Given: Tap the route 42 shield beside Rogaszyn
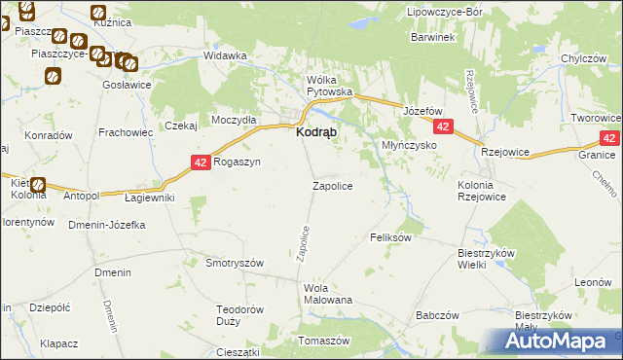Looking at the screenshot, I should [201, 163].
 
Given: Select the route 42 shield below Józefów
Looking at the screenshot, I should [443, 127].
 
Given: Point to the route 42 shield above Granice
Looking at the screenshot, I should [609, 139].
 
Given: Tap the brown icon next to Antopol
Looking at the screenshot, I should [38, 185].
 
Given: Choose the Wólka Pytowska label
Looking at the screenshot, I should [328, 86].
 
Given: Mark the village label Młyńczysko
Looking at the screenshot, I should [407, 145].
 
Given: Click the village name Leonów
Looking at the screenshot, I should [592, 282].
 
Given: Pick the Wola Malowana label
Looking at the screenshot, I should [327, 294].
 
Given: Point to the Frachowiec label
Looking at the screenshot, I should [123, 131].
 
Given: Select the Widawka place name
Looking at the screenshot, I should [225, 55].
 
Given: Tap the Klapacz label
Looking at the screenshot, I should [58, 343].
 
